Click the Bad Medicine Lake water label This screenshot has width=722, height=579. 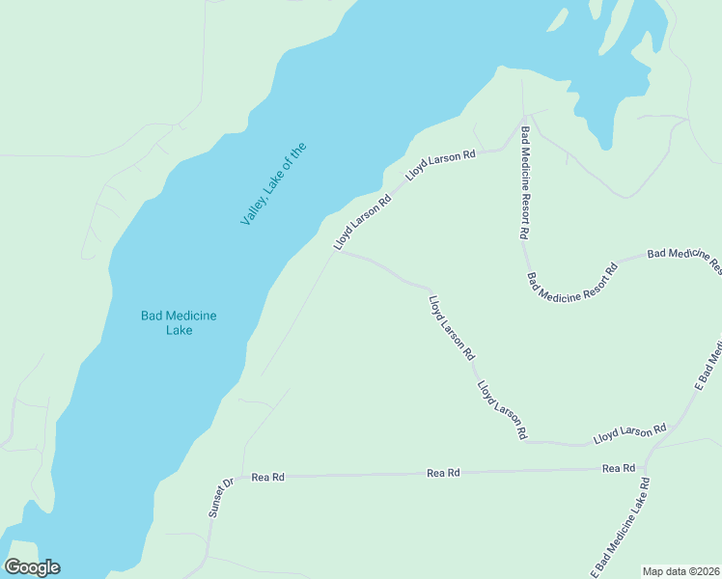[179, 322]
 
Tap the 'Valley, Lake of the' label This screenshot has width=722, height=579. [273, 184]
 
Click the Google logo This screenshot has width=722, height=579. [32, 567]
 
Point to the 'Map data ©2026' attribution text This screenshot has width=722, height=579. [680, 571]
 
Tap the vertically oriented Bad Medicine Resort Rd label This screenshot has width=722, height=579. [525, 182]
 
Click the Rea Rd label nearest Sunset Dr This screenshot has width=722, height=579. [267, 477]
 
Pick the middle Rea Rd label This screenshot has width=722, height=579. [443, 473]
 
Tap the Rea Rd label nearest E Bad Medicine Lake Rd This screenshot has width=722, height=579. [618, 468]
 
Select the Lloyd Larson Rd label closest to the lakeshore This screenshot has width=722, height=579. [362, 221]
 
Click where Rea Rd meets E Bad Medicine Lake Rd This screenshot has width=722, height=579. [645, 470]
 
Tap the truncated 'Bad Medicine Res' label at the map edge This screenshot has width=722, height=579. [683, 256]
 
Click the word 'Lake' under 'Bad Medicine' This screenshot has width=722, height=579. [179, 330]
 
